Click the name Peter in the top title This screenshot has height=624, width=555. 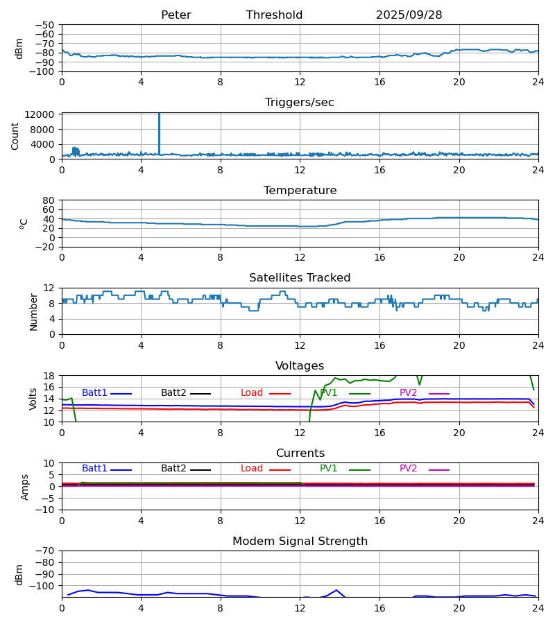(176, 15)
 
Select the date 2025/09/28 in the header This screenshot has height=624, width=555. (409, 15)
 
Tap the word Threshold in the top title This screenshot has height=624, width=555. (274, 15)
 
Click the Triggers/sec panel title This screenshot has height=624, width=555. (300, 103)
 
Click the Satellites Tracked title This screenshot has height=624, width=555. (300, 278)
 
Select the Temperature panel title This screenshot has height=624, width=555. (300, 191)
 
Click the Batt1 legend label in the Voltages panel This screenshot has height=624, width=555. (94, 393)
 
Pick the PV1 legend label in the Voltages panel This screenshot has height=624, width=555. (329, 393)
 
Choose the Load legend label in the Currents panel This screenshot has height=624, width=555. (252, 469)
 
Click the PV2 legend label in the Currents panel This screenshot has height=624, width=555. (409, 469)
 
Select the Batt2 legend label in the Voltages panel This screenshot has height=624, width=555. (173, 393)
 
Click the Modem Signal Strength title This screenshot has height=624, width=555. (300, 541)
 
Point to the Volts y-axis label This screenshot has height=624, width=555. (33, 399)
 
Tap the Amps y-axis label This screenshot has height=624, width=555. (25, 487)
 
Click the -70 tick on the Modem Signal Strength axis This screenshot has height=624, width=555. (46, 551)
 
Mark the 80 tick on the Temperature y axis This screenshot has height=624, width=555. (49, 200)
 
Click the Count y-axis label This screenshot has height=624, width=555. (15, 136)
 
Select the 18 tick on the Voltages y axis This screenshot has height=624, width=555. (49, 376)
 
